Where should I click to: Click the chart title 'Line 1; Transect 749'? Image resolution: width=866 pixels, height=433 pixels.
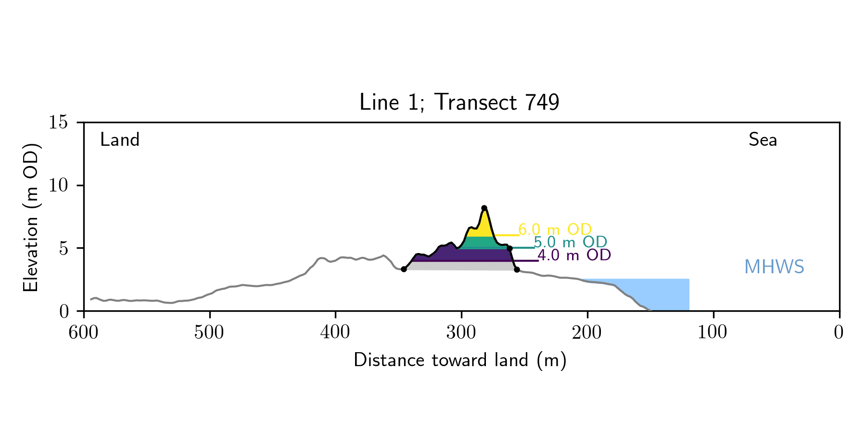(459, 102)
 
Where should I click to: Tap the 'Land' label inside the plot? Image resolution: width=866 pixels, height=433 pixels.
(120, 140)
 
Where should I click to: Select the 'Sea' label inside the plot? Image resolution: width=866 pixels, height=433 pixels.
(763, 140)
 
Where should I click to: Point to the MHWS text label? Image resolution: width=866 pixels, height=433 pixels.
(774, 267)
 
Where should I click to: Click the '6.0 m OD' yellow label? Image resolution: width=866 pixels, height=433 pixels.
(555, 229)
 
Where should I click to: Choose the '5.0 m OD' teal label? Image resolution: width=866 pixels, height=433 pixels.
(571, 242)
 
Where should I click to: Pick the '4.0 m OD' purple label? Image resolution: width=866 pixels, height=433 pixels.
(574, 255)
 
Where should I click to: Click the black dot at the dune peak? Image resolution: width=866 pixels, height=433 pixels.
(484, 208)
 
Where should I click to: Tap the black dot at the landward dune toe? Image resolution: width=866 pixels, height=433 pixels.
(404, 269)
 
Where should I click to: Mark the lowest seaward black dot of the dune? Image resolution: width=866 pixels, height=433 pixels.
(517, 269)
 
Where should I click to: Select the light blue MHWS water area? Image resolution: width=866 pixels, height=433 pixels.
(669, 293)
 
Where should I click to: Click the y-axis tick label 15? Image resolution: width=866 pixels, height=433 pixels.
(58, 122)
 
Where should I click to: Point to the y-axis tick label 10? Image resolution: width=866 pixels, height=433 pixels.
(58, 185)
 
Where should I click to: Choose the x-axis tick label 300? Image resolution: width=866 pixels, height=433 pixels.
(461, 332)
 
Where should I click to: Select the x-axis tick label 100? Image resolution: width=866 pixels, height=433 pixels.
(713, 332)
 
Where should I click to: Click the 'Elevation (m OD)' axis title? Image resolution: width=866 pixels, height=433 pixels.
(30, 217)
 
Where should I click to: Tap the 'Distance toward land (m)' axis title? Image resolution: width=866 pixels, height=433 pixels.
(460, 360)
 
